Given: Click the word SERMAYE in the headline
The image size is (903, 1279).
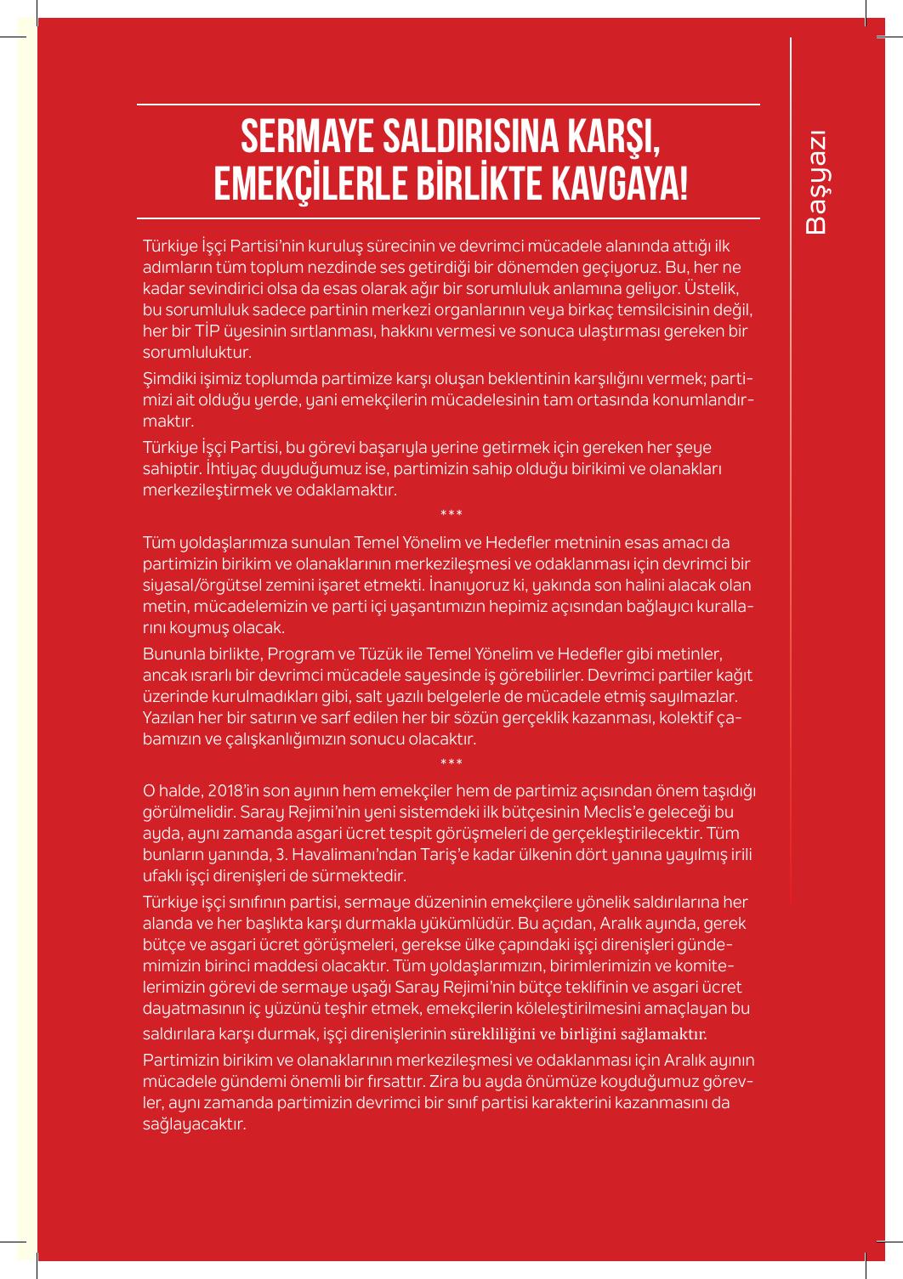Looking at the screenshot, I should pos(303,139).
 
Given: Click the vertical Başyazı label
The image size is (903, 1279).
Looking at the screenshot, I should pos(816,182).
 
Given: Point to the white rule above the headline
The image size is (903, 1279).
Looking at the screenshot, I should pos(448,105).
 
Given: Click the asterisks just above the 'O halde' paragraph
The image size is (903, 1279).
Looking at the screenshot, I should pos(451,762).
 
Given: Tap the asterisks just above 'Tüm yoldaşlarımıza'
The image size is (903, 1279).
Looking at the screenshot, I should pos(451,514).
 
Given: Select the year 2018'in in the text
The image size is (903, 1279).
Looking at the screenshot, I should pos(235,791).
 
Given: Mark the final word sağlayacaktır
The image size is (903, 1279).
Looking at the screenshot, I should pos(194,1124).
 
